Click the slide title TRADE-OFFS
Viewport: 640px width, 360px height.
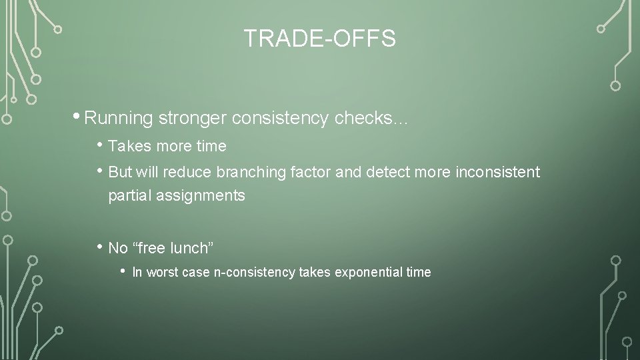point(319,39)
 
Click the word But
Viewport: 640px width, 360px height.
point(120,172)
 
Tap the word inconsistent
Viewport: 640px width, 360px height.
point(498,172)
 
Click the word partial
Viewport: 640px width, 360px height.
point(131,196)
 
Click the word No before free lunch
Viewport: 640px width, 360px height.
point(117,249)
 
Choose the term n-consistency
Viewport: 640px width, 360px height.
point(254,272)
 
